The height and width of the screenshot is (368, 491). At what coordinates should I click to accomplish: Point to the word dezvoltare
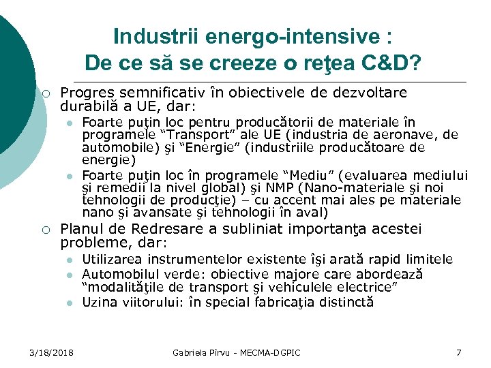[372, 93]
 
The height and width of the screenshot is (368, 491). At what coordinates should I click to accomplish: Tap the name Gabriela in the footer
[188, 352]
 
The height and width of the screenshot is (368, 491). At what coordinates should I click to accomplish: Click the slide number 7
[458, 352]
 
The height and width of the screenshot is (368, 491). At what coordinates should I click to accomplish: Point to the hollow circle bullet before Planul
[43, 230]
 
